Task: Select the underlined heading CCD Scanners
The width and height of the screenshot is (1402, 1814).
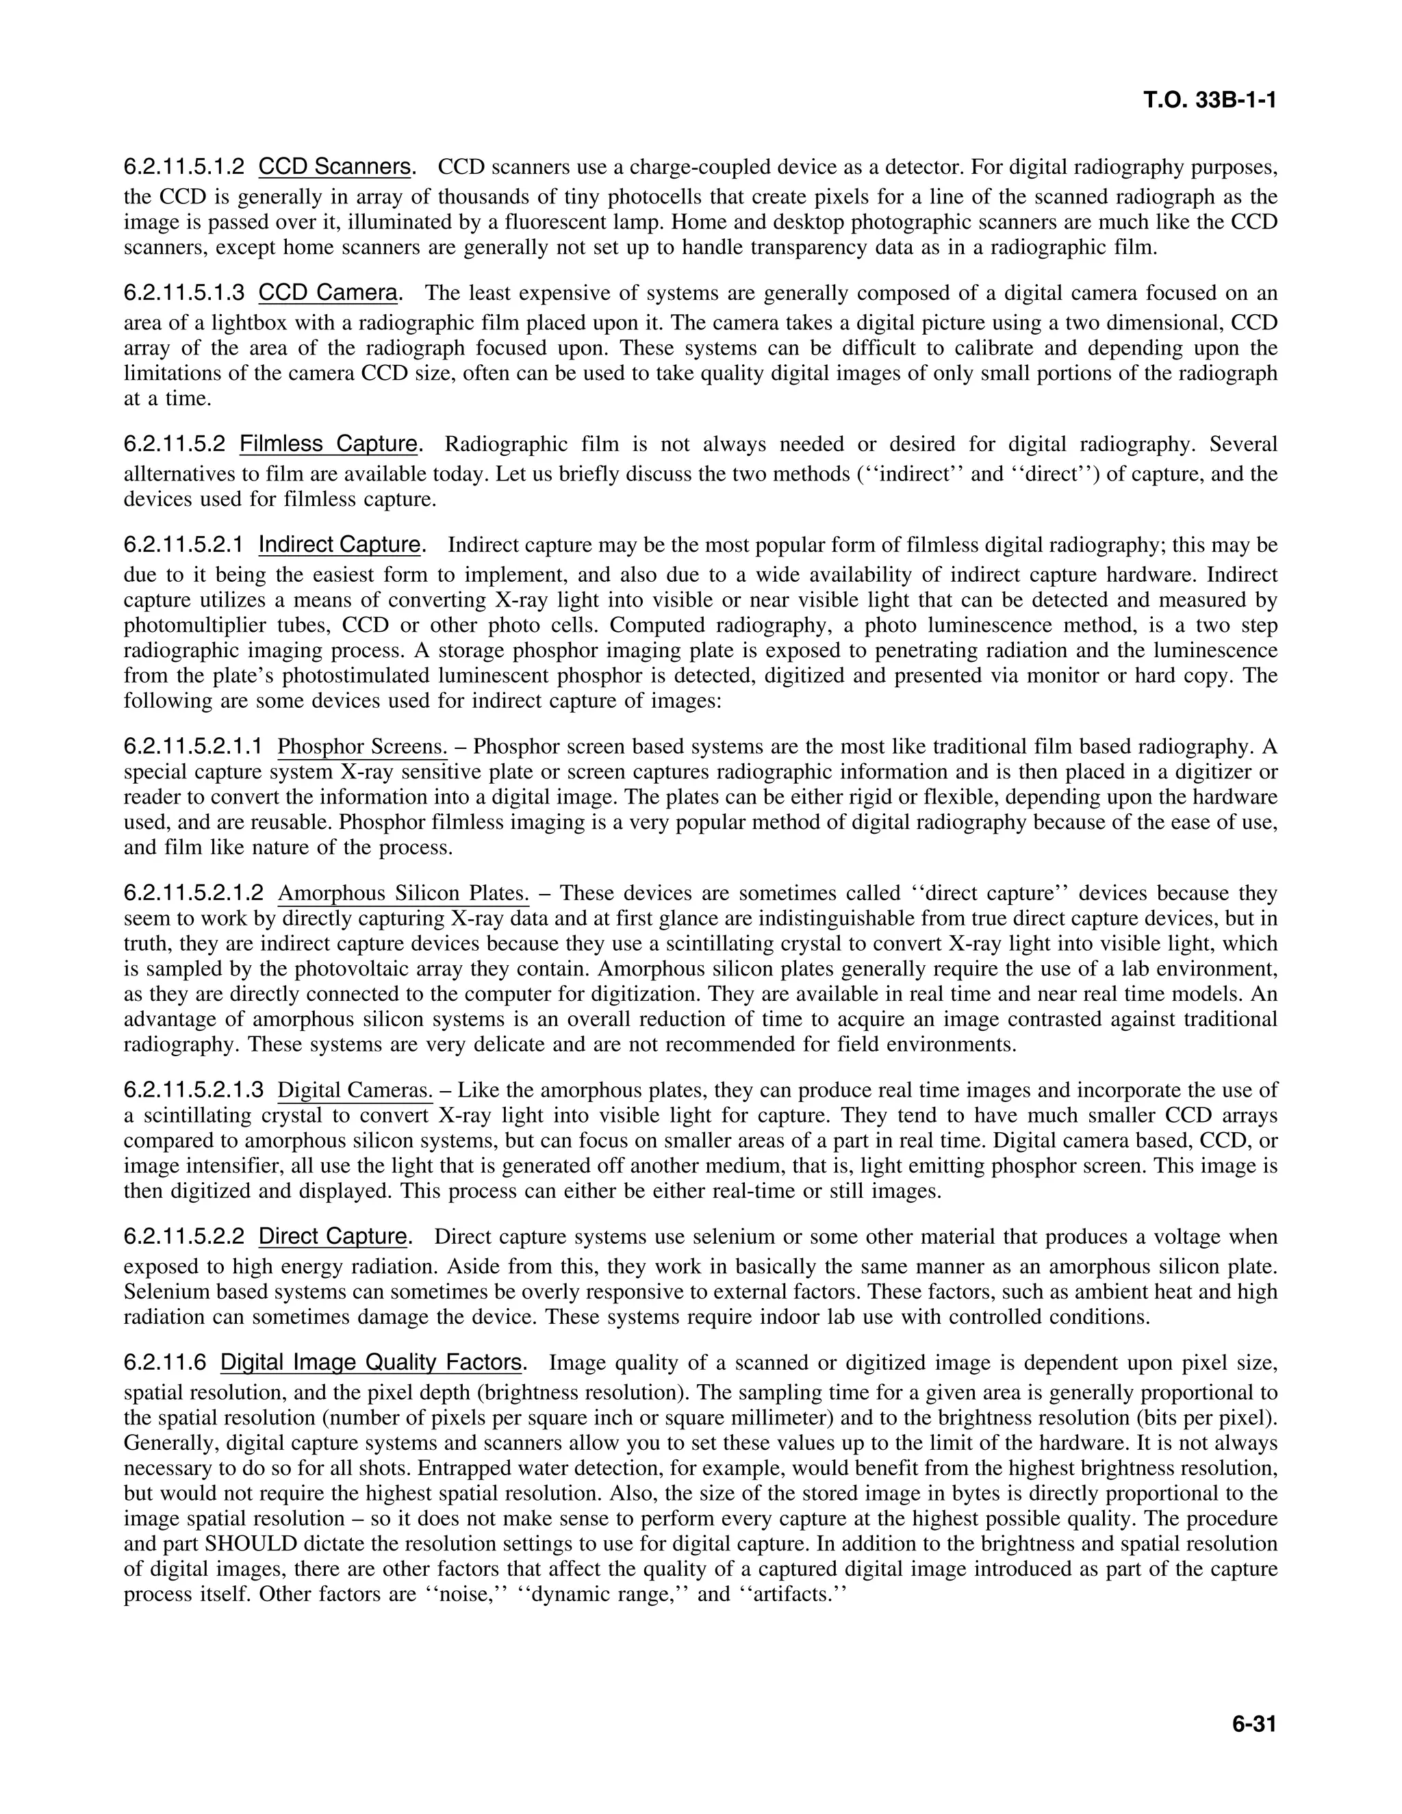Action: point(334,167)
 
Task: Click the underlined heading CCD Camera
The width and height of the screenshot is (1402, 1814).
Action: point(328,292)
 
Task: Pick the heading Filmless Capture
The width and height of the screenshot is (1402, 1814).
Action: point(328,444)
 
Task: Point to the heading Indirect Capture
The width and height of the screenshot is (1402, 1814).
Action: point(339,545)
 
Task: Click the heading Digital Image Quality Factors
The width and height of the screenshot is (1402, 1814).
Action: point(370,1363)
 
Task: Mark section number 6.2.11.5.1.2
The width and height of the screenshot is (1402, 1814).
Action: point(183,167)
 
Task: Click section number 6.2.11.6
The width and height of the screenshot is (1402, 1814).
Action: point(164,1363)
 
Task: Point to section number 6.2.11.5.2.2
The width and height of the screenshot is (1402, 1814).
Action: point(183,1237)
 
